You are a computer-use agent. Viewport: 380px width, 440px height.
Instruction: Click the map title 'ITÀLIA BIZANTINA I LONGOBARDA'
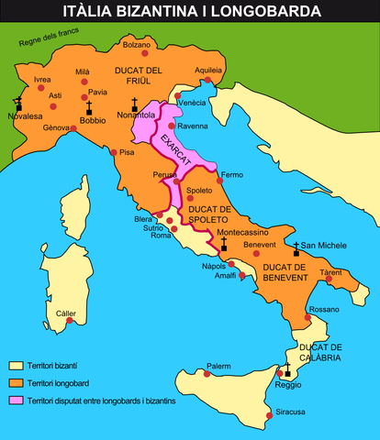190,12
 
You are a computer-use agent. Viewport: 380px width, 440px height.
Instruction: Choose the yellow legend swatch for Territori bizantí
16,366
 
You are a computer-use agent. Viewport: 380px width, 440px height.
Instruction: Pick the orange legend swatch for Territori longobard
16,382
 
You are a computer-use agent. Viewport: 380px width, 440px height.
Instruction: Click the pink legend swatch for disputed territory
16,400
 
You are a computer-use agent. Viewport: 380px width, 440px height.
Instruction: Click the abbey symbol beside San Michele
296,248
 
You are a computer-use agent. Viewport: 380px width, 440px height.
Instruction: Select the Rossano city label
323,311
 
